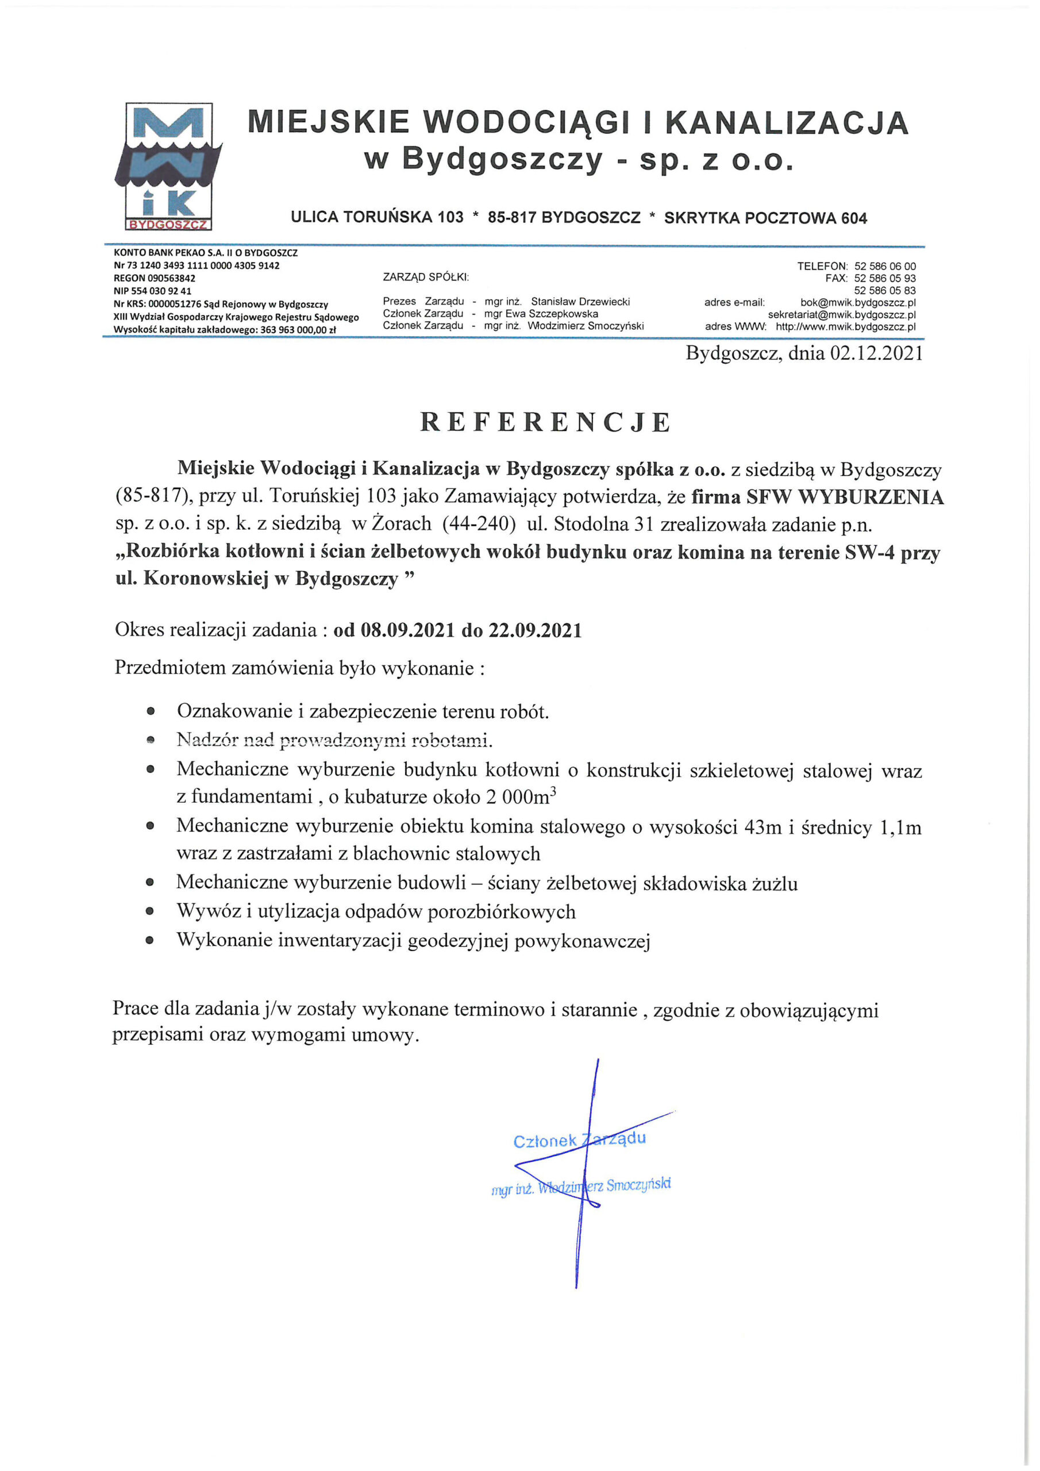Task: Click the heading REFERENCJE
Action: pyautogui.click(x=545, y=422)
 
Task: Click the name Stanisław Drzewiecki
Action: pyautogui.click(x=580, y=301)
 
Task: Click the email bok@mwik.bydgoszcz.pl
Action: pyautogui.click(x=857, y=302)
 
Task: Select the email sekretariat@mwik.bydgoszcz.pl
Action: pyautogui.click(x=841, y=314)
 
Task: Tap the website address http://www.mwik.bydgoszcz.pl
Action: pyautogui.click(x=845, y=327)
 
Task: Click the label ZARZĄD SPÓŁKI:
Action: pyautogui.click(x=426, y=277)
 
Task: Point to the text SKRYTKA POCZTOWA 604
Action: pyautogui.click(x=765, y=218)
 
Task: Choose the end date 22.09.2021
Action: pyautogui.click(x=535, y=630)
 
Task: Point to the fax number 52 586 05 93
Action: pyautogui.click(x=885, y=278)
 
